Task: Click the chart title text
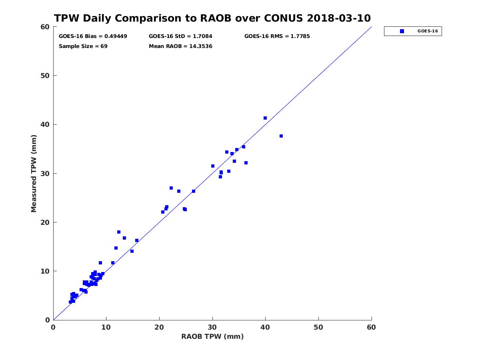pyautogui.click(x=212, y=18)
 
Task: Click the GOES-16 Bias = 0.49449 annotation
pyautogui.click(x=93, y=36)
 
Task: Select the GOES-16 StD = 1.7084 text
pyautogui.click(x=180, y=36)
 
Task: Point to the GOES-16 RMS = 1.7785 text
pyautogui.click(x=277, y=36)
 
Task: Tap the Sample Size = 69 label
pyautogui.click(x=83, y=46)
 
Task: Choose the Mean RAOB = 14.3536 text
pyautogui.click(x=180, y=46)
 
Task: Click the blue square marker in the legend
pyautogui.click(x=402, y=31)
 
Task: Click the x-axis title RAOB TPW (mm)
pyautogui.click(x=212, y=336)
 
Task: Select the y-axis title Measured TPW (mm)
pyautogui.click(x=34, y=173)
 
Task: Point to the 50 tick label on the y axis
pyautogui.click(x=46, y=76)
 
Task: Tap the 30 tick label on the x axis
pyautogui.click(x=212, y=327)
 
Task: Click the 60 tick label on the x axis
pyautogui.click(x=371, y=327)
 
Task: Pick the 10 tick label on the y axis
pyautogui.click(x=46, y=271)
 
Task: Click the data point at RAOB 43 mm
pyautogui.click(x=281, y=136)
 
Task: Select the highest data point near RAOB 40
pyautogui.click(x=265, y=118)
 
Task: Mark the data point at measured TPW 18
pyautogui.click(x=119, y=232)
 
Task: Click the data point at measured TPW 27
pyautogui.click(x=171, y=188)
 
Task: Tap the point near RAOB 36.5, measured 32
pyautogui.click(x=246, y=163)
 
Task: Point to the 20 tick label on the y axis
pyautogui.click(x=46, y=222)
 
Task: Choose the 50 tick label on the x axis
pyautogui.click(x=318, y=327)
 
